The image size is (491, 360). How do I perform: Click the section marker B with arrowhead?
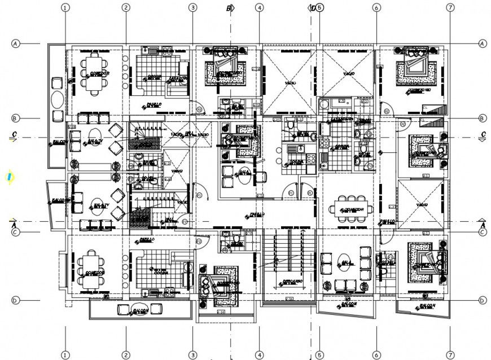230,8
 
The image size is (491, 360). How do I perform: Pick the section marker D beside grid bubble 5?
312,8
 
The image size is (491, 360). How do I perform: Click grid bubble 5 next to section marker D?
319,8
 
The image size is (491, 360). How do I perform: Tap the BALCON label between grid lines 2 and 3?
140,310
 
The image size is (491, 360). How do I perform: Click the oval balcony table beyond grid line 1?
57,103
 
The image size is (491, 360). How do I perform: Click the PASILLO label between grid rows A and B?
154,104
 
